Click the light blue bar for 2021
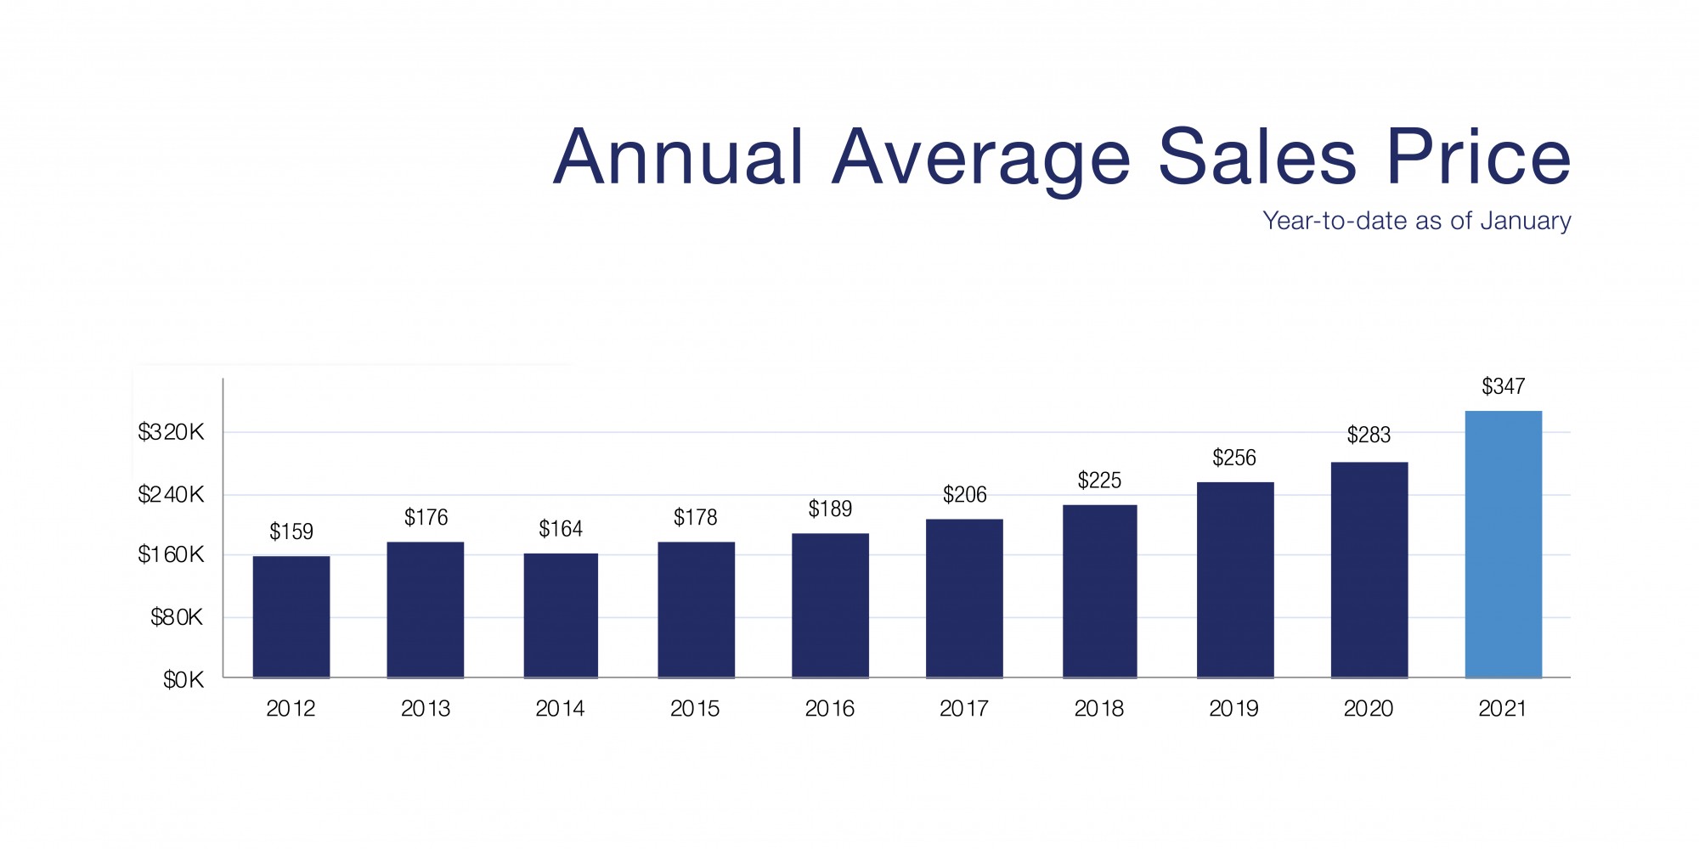pos(1503,543)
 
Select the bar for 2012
pos(291,616)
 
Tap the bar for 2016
pos(830,604)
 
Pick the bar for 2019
pos(1235,579)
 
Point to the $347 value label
pos(1503,387)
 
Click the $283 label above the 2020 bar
pos(1369,436)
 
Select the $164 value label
pos(561,530)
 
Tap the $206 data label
pos(964,495)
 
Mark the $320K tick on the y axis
pos(172,433)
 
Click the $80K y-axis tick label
pos(178,617)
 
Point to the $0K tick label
pos(184,680)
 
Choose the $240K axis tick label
pos(172,494)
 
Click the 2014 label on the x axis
pos(560,709)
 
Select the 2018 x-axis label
pos(1098,709)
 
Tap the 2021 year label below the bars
pos(1502,709)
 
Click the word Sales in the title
pos(1257,157)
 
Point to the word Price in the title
pos(1478,157)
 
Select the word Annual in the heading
pos(678,157)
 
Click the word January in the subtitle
pos(1525,221)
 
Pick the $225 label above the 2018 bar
pos(1099,481)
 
